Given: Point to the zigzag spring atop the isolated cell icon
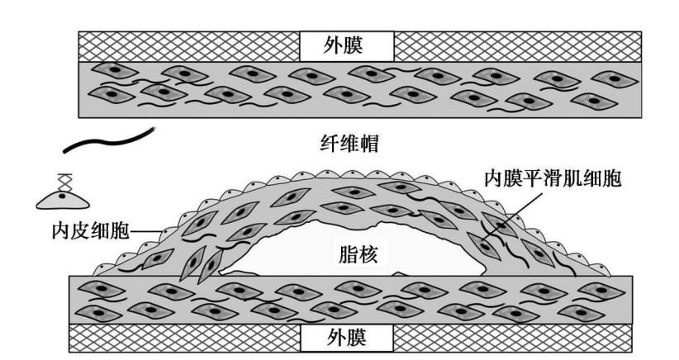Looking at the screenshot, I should [63, 181].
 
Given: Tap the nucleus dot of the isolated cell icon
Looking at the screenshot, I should [64, 194].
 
